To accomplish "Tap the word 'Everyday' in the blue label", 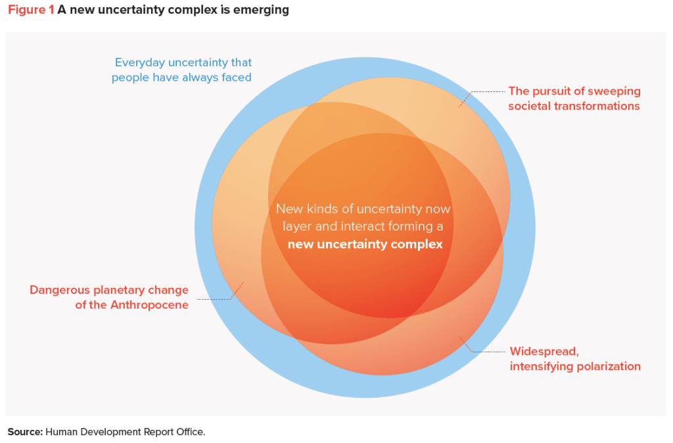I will coord(140,62).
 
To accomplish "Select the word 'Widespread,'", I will coord(544,351).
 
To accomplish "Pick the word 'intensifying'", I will coord(541,366).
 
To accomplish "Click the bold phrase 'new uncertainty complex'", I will coord(365,245).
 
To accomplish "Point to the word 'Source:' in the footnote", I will coord(25,432).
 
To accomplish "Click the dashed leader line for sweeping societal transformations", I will coord(486,91).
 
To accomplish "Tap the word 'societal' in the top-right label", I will coord(529,106).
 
